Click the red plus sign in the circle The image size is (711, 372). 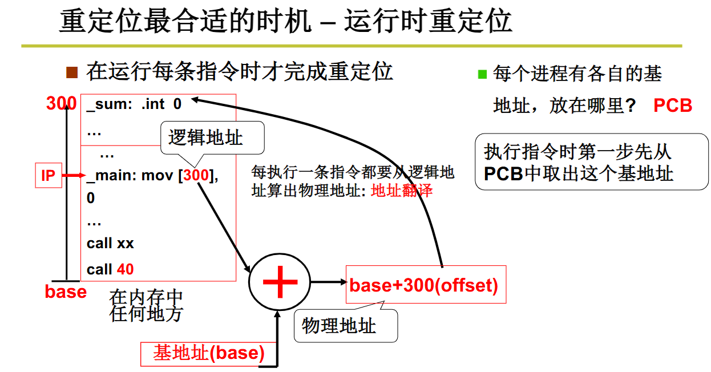point(280,282)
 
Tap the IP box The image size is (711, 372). point(49,176)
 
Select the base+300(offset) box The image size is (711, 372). point(425,285)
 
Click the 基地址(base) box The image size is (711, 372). point(208,354)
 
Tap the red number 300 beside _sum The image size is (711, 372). point(61,104)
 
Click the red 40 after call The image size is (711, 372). point(125,269)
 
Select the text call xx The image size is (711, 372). point(110,244)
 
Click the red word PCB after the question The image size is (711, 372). point(673,106)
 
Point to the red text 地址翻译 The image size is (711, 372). point(402,191)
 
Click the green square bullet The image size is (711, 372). point(482,74)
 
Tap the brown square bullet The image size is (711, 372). point(71,72)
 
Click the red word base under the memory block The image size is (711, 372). point(66,292)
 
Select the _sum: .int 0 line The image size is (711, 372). point(134,104)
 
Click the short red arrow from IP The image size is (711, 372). point(72,176)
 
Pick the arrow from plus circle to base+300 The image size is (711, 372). point(328,282)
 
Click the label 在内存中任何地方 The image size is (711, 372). point(146,305)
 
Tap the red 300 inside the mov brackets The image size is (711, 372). point(196,176)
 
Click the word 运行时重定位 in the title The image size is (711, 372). point(428,22)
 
